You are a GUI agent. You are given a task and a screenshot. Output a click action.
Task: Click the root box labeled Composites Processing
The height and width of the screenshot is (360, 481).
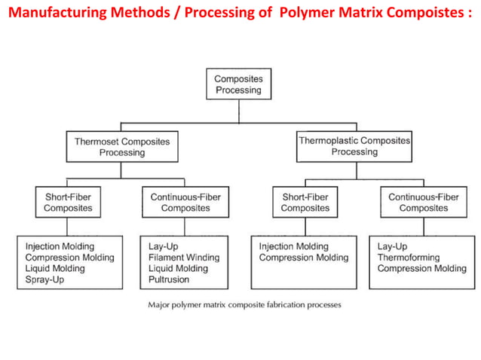[x=238, y=84]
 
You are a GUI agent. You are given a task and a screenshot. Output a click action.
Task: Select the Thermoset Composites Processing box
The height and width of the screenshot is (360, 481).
[x=122, y=147]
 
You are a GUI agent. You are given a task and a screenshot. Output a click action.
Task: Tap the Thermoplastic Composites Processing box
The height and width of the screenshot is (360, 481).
[x=354, y=146]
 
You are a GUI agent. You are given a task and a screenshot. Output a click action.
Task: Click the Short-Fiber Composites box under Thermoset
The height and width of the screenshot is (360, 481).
[x=68, y=203]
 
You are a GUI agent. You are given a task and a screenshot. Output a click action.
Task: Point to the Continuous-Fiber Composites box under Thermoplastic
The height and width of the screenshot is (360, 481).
[x=423, y=203]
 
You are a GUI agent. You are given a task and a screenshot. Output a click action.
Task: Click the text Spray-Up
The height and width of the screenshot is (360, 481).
[x=45, y=280]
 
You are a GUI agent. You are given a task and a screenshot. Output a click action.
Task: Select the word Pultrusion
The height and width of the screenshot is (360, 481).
[x=169, y=280]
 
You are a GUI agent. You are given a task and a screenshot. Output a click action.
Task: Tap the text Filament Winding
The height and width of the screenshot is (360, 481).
[x=184, y=258]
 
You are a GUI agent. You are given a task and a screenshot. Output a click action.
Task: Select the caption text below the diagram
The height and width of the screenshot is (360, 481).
[x=244, y=306]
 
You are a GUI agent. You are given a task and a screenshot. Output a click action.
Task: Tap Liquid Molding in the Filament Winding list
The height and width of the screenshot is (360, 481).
[x=179, y=269]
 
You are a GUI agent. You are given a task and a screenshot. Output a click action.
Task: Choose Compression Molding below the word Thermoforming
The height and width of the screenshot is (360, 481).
[x=421, y=269]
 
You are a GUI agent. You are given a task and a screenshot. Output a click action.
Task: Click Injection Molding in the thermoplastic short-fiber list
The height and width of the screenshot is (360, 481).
[x=294, y=246]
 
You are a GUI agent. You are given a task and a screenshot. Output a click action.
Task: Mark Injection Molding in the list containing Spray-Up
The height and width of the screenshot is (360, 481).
[x=60, y=246]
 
